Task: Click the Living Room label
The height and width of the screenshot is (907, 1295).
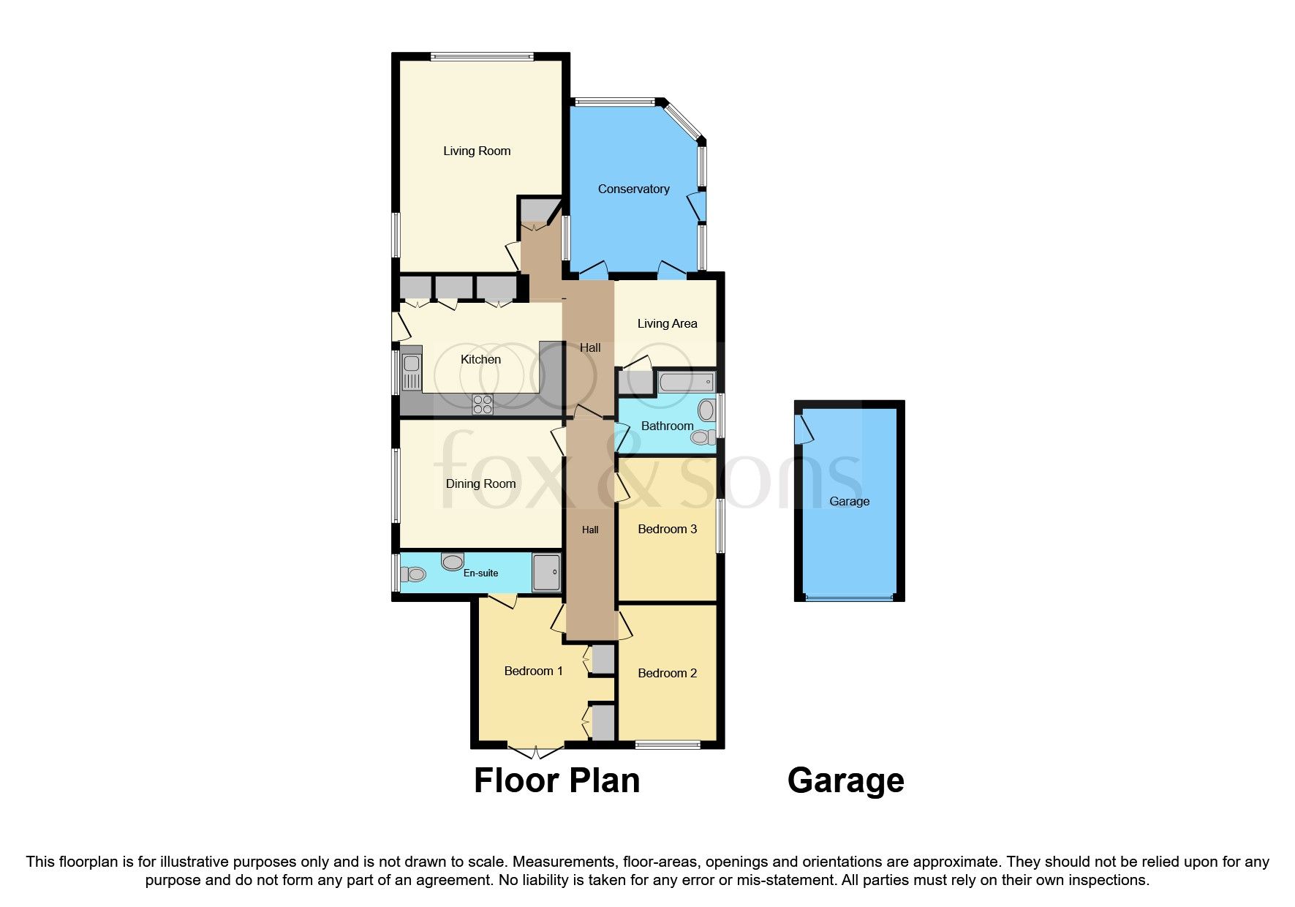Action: pos(477,151)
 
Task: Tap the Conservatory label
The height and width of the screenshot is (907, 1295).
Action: pos(633,189)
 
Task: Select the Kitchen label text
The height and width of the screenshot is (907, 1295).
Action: pos(480,360)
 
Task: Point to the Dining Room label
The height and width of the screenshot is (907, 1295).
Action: pos(480,484)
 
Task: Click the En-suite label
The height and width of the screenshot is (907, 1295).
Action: pos(480,573)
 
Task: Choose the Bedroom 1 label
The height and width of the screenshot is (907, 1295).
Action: pos(533,671)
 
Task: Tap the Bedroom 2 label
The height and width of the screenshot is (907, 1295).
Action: pos(667,674)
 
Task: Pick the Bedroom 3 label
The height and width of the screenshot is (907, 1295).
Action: pos(667,530)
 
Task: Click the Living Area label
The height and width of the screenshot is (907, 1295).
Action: pos(667,324)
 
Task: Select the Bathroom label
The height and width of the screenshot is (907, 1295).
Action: pos(667,426)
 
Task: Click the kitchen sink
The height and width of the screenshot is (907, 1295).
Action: pos(412,371)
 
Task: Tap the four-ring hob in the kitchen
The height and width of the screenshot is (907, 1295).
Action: pos(483,404)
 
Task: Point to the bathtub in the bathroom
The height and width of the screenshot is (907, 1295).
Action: pos(686,382)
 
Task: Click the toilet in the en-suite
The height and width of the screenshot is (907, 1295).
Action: pos(414,574)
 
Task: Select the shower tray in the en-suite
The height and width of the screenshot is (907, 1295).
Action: pos(546,573)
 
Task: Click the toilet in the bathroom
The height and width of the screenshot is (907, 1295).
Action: pos(703,437)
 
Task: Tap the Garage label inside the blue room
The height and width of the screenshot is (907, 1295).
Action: pos(849,502)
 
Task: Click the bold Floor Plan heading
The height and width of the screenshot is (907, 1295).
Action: pos(556,780)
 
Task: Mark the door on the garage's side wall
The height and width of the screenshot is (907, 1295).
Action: pos(804,430)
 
